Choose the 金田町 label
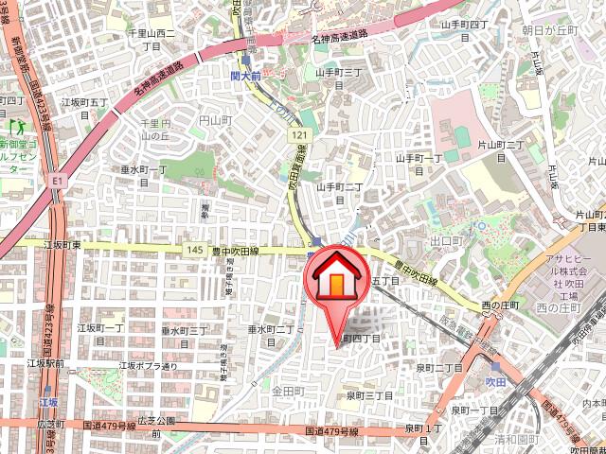tap(286, 390)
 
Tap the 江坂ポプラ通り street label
tap(148, 365)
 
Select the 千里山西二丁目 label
tap(151, 39)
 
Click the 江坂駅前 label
tap(45, 363)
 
